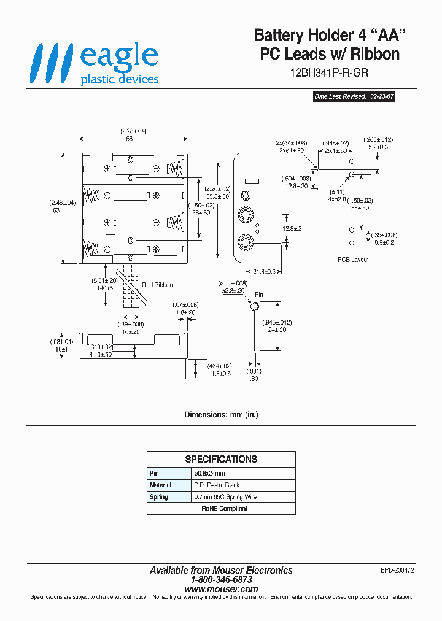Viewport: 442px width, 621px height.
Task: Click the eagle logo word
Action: click(119, 56)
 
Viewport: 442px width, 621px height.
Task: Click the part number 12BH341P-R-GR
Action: click(329, 72)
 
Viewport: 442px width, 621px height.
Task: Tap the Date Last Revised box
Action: click(353, 97)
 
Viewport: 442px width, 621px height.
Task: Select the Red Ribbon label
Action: click(158, 285)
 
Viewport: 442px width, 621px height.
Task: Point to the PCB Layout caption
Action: click(353, 260)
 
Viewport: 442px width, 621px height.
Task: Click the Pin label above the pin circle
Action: click(259, 295)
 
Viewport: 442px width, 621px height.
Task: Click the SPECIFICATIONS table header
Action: click(221, 459)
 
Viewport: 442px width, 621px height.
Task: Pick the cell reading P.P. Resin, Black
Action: click(216, 485)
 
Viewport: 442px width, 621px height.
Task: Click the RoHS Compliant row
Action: click(221, 508)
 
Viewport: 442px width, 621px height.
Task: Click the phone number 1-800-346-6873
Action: click(221, 579)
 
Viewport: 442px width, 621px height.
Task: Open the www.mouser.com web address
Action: click(221, 589)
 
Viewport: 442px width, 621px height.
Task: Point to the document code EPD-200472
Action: click(397, 570)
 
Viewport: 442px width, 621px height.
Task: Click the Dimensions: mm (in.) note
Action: click(221, 415)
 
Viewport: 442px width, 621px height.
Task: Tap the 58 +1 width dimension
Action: click(133, 139)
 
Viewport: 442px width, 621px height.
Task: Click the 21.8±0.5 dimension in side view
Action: click(263, 271)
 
